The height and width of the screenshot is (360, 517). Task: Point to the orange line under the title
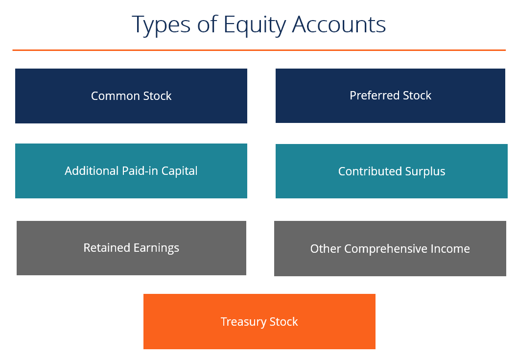[258, 50]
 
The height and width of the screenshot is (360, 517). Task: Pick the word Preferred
[373, 96]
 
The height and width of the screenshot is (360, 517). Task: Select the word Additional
[91, 171]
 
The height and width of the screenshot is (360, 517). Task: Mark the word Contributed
[370, 171]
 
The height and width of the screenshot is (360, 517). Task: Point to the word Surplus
[425, 171]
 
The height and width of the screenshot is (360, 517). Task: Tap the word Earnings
[156, 248]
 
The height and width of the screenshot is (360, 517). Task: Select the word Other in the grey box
[326, 249]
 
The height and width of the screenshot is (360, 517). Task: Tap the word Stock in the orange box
[284, 322]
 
